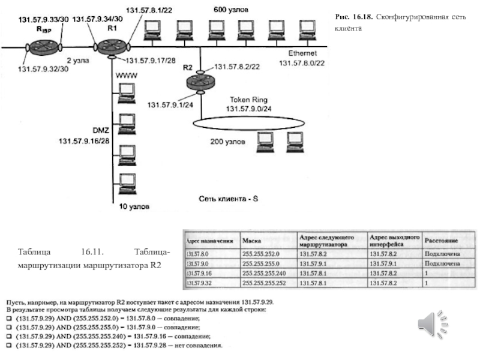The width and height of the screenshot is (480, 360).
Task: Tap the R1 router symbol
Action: pyautogui.click(x=109, y=46)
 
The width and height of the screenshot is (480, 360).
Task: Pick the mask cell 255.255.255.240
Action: pyautogui.click(x=268, y=272)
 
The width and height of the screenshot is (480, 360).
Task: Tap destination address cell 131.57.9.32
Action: pyautogui.click(x=201, y=281)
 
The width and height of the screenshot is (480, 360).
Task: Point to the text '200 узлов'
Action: pyautogui.click(x=227, y=143)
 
